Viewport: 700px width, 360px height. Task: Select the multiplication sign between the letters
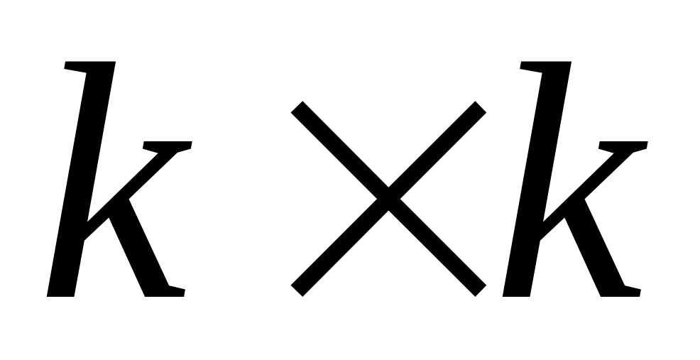click(388, 198)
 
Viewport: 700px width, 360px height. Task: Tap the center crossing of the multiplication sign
click(388, 198)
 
